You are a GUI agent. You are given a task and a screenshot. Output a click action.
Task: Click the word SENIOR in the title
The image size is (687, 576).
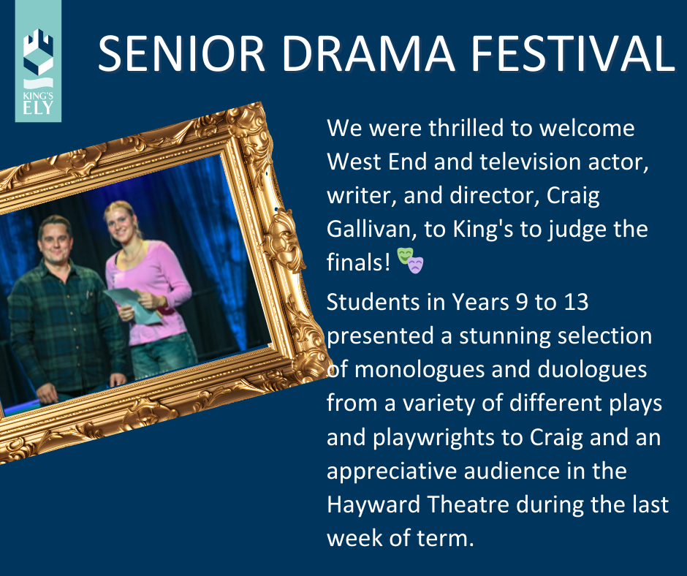(x=181, y=53)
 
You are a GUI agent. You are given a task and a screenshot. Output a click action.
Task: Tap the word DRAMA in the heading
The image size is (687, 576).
(x=368, y=53)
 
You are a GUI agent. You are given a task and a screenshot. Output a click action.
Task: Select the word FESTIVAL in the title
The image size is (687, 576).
(x=573, y=53)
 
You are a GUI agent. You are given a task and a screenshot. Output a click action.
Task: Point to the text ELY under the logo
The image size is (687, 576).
(x=38, y=108)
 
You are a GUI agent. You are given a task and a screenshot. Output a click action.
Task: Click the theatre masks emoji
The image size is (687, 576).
(x=410, y=260)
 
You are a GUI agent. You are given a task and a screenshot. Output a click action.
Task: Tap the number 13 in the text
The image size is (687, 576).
(x=575, y=303)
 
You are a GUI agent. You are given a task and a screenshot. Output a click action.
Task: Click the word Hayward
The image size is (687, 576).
(x=373, y=505)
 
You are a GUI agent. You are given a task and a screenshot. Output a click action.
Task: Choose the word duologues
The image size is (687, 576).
(x=592, y=370)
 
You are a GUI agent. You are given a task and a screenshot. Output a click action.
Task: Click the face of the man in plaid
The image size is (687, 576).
(x=56, y=240)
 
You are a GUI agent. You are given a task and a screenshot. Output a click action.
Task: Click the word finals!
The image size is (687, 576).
(x=358, y=262)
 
